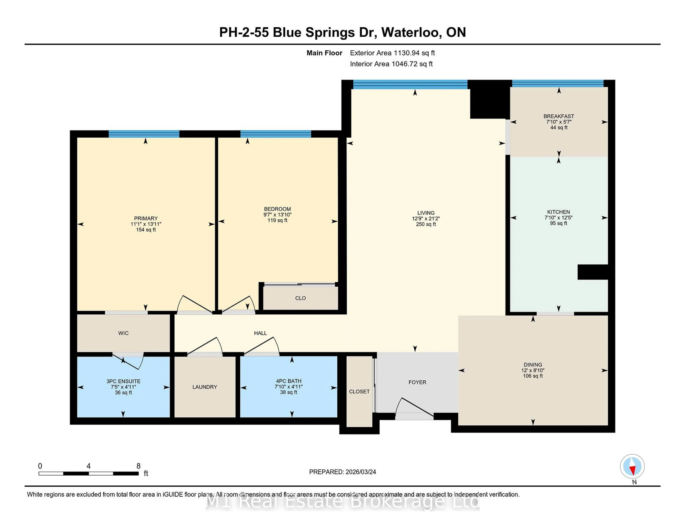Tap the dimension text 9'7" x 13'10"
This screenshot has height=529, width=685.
(277, 215)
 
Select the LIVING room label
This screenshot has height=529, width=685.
(426, 213)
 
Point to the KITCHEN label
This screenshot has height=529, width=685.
(558, 212)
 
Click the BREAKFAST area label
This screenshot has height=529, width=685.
(559, 116)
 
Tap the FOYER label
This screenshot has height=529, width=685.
(417, 382)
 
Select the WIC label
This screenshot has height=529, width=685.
(123, 333)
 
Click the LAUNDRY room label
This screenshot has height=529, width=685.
(204, 387)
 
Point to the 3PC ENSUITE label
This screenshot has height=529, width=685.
(123, 381)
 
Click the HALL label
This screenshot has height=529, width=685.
(260, 333)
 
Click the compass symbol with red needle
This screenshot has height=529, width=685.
(632, 466)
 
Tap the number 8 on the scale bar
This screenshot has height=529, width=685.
(138, 466)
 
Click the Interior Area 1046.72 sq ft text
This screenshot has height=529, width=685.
(391, 64)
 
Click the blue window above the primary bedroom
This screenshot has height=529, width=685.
(144, 134)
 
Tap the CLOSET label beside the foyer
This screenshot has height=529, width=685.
(359, 392)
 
